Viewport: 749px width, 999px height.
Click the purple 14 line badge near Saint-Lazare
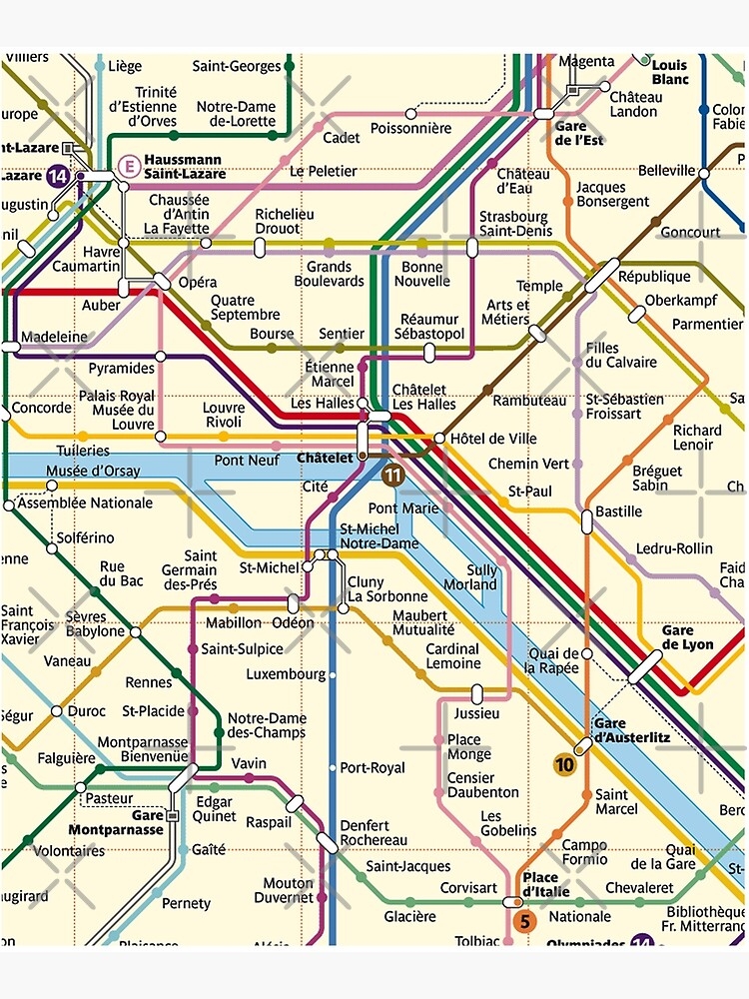pos(57,176)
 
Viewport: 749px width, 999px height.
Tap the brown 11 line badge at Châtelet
pos(392,476)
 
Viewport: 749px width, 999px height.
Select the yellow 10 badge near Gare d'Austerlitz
pos(565,765)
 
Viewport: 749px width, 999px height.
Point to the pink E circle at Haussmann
pos(127,165)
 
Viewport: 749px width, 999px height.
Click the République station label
pos(654,277)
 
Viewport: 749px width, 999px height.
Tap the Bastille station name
pos(619,511)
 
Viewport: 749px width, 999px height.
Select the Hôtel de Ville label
pos(493,439)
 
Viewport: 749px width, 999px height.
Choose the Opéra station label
pos(198,283)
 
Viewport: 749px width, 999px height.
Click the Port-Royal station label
pos(373,768)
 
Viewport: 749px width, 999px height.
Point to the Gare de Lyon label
pos(688,637)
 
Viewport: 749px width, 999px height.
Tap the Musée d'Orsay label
pos(93,471)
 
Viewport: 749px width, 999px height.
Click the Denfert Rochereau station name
pos(374,833)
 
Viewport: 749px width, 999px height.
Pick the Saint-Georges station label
pos(237,66)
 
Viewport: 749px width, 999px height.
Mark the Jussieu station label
pos(476,713)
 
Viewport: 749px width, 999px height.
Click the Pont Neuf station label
pos(247,461)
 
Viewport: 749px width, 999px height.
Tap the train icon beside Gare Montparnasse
pos(172,815)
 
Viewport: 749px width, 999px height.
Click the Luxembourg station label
pos(286,674)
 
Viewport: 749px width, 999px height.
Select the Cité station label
pos(315,487)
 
